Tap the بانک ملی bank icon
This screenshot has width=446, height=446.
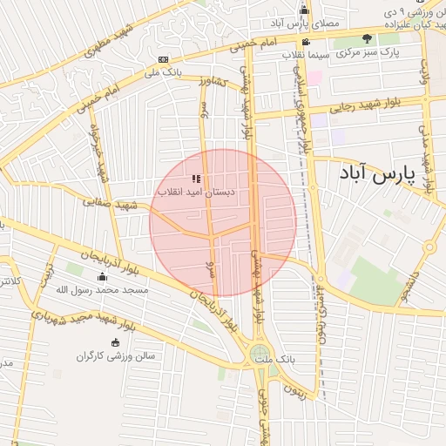coord(163,59)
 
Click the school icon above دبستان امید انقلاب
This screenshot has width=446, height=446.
coord(196,179)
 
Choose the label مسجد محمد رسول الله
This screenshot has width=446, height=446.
coord(100,288)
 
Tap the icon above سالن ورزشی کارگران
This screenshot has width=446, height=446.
coord(116,342)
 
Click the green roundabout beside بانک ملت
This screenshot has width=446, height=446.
coord(260,354)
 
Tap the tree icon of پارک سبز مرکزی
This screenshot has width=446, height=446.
coord(367,39)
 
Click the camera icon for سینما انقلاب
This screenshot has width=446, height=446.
coord(305,42)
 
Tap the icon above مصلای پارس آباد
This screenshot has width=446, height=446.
coord(304,10)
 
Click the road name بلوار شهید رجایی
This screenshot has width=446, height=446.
coord(365,106)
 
